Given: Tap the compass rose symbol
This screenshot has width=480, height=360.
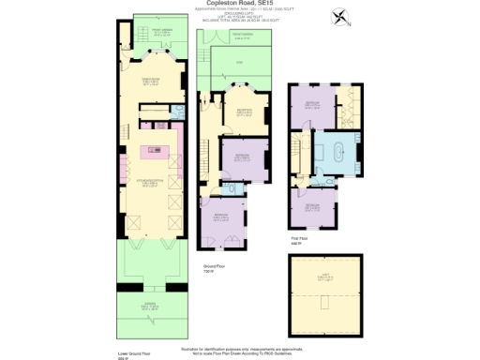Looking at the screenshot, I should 337,16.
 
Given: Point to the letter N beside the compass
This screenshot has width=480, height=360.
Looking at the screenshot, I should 349,23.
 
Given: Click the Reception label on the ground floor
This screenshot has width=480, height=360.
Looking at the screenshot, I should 243,112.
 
